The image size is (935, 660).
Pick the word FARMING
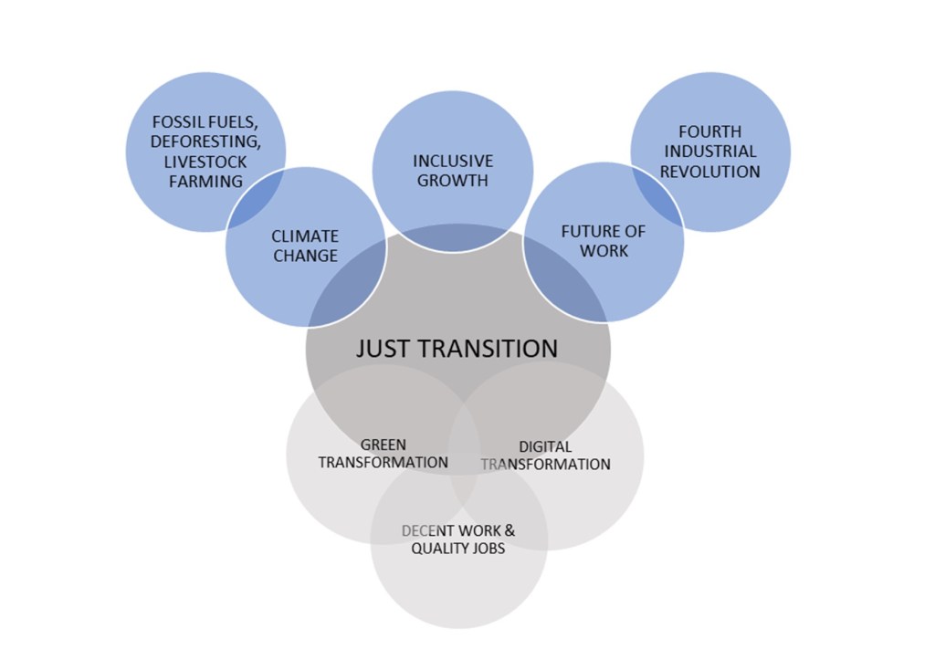pos(205,181)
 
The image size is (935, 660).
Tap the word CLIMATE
pos(305,236)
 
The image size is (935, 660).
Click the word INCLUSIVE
pos(453,161)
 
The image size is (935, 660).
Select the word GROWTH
pos(453,181)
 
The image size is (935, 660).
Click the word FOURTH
pos(710,131)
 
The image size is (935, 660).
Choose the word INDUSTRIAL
pos(710,152)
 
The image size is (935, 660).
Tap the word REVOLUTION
pos(710,172)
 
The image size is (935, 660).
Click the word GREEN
pos(383,445)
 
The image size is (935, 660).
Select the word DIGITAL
pos(545,447)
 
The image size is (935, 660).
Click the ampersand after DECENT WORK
pos(510,530)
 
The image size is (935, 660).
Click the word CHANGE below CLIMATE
pos(305,257)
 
